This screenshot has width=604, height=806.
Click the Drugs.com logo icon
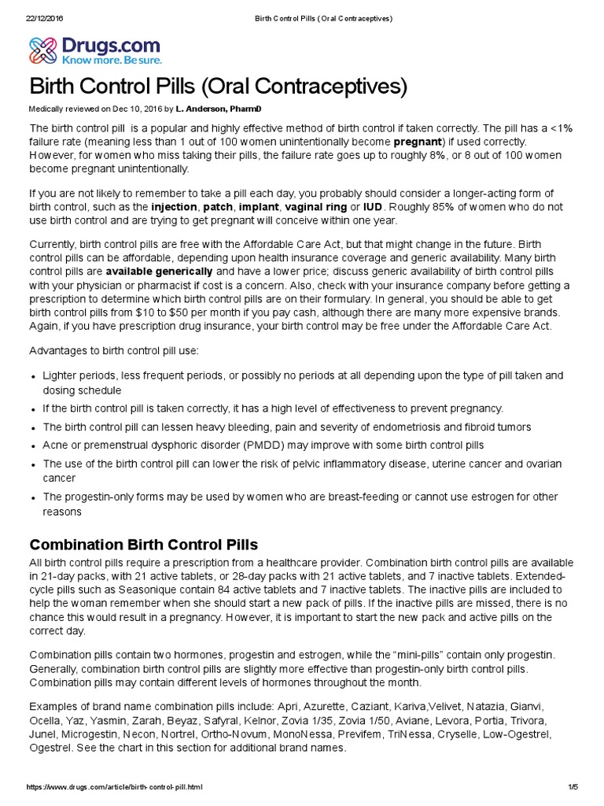pos(44,50)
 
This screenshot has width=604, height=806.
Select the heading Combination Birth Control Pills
pos(143,545)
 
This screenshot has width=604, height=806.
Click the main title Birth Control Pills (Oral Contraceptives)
pos(219,87)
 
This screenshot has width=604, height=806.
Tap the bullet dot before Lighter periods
pos(33,377)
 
